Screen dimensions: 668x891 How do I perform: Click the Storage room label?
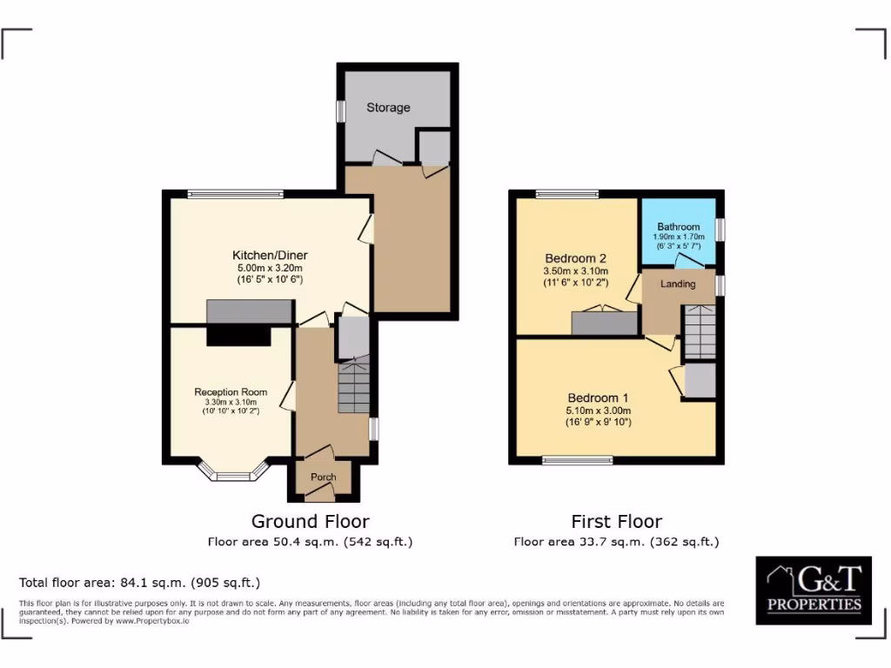[388, 108]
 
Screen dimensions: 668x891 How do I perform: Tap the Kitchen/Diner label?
[270, 255]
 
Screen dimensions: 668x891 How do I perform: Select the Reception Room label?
[227, 392]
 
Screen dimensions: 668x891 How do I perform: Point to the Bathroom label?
[679, 227]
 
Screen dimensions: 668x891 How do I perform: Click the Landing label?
[678, 284]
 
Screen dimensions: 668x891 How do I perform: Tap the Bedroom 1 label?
[598, 398]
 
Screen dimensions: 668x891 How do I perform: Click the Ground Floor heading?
[310, 522]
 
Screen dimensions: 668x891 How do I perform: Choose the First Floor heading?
[616, 522]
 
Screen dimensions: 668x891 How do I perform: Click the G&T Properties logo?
[813, 590]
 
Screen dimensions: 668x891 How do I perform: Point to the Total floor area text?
[139, 583]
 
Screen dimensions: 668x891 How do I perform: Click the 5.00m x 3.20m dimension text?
[270, 268]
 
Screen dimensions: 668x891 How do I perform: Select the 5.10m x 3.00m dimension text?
[598, 411]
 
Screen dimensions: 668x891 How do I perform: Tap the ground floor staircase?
[353, 385]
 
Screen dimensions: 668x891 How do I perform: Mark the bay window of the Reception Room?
[232, 475]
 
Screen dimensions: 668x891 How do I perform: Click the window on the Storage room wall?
[340, 111]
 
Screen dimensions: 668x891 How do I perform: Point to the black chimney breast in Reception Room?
[238, 336]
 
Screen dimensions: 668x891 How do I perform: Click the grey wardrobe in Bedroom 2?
[604, 323]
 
